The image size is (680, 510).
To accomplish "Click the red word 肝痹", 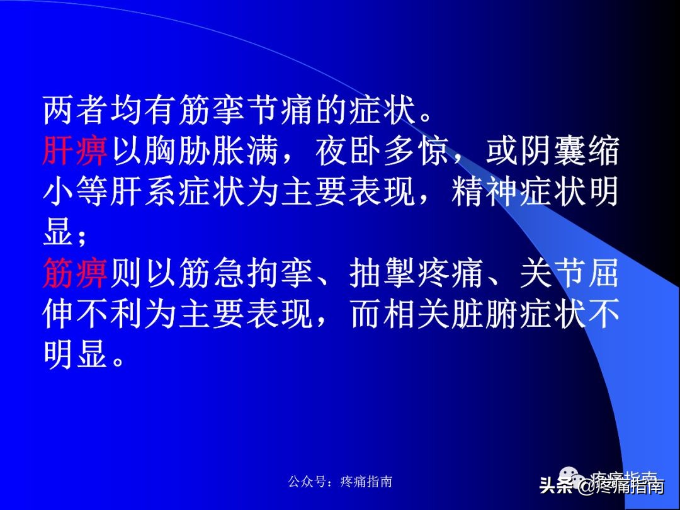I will (x=76, y=152).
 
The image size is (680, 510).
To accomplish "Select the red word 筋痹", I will (x=76, y=275).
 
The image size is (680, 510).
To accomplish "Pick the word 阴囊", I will (x=552, y=152).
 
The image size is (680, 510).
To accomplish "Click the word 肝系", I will (x=178, y=193).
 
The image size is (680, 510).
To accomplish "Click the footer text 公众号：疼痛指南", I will (x=340, y=482).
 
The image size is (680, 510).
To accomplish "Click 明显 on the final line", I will (x=76, y=356).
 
